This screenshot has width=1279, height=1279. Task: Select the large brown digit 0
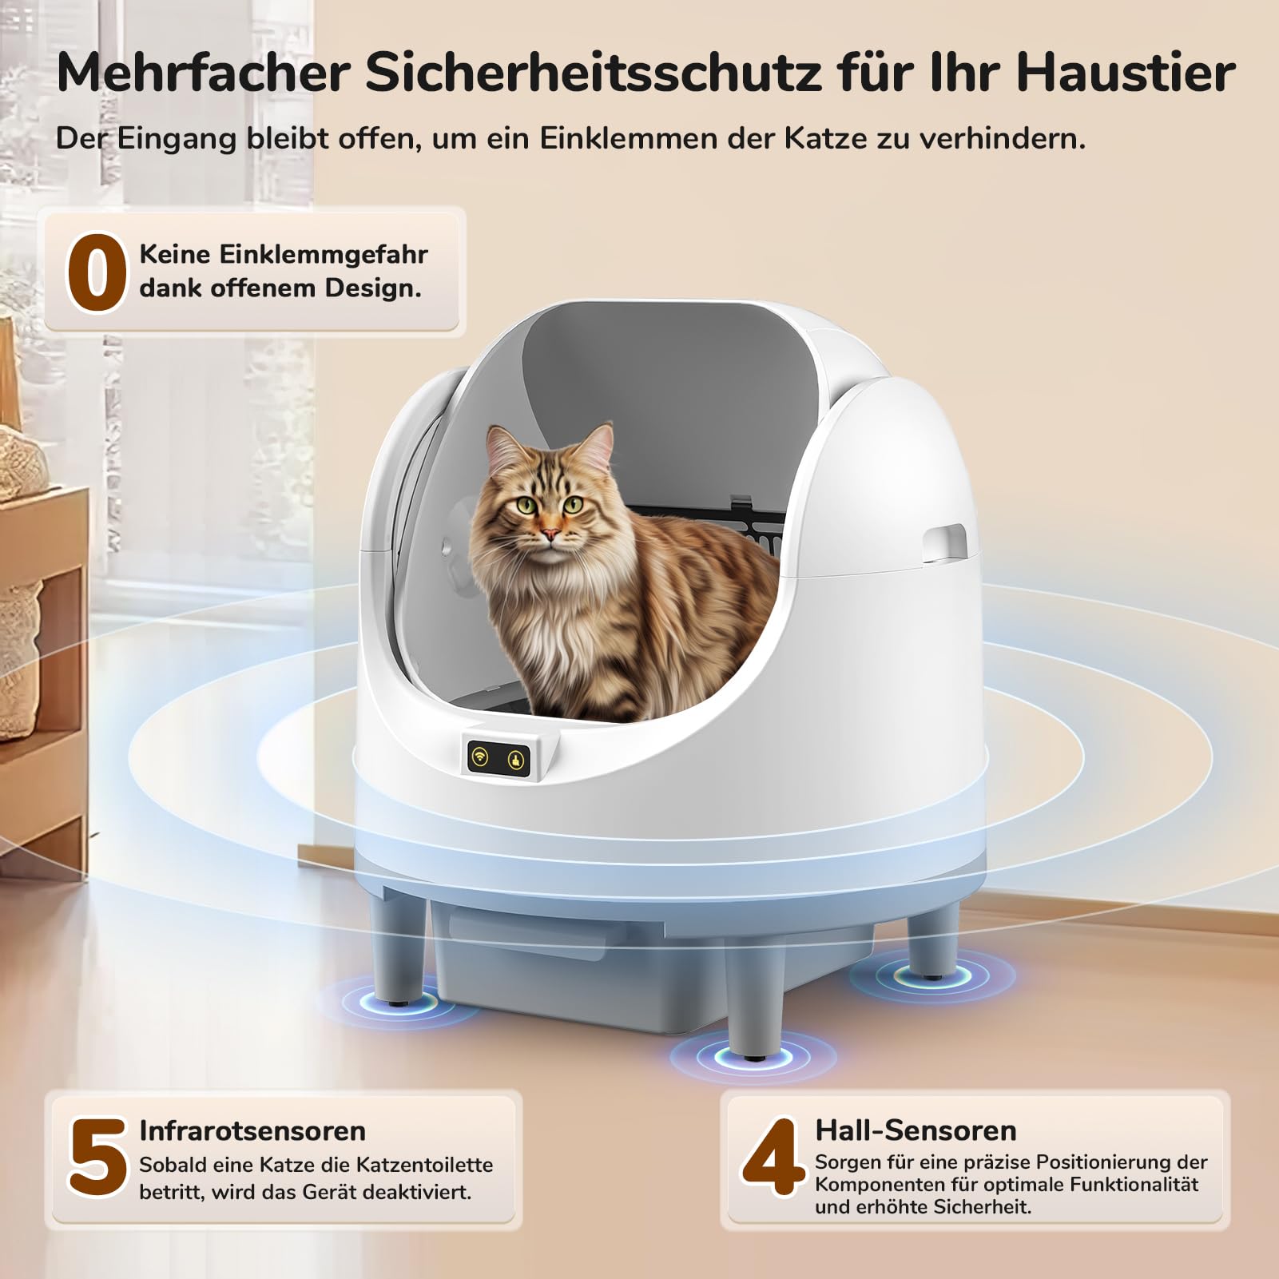pos(97,272)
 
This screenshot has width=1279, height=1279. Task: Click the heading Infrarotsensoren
pos(252,1130)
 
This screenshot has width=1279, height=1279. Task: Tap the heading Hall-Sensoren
pos(916,1130)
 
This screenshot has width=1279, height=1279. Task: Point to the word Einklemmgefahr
pos(284,254)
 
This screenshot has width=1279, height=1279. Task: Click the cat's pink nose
pos(548,533)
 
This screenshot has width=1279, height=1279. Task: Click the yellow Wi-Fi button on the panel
pos(480,757)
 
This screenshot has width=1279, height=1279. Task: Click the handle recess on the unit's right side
pos(944,541)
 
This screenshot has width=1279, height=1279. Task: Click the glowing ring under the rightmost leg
pos(931,975)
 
